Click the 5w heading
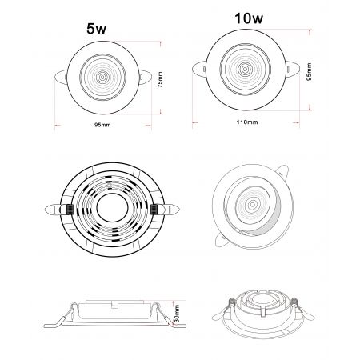96,29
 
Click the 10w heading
249,18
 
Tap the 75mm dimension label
160,80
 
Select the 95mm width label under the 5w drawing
102,125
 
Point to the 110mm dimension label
247,122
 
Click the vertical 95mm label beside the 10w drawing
309,72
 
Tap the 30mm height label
177,314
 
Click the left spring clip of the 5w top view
61,78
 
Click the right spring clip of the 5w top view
145,77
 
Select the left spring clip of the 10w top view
199,70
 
